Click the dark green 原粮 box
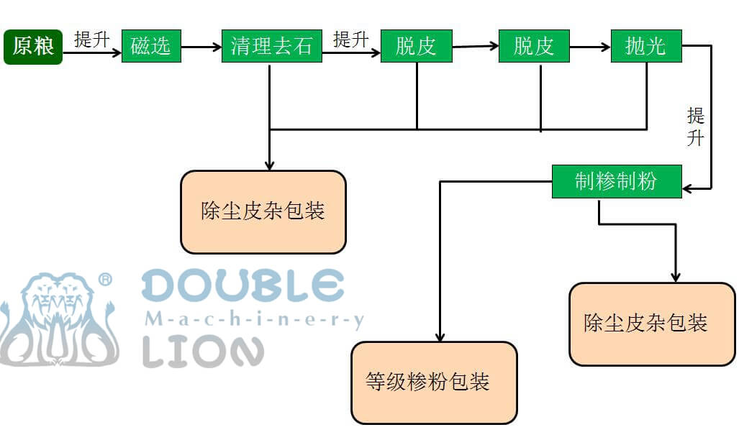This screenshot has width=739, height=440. tap(33, 47)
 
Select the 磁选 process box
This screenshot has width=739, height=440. tap(151, 47)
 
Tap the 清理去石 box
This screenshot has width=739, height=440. tap(271, 47)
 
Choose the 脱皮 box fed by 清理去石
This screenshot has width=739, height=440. tap(416, 47)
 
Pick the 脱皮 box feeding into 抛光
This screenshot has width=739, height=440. tap(534, 47)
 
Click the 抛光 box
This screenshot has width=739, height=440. tap(645, 47)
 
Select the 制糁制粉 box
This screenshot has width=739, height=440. tap(616, 181)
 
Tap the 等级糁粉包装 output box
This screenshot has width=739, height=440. tap(434, 382)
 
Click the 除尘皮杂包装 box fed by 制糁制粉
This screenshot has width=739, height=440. tap(652, 324)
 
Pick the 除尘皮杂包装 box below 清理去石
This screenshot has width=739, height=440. tap(263, 211)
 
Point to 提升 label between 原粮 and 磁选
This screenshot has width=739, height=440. tap(92, 39)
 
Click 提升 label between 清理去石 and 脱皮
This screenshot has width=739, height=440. tap(351, 39)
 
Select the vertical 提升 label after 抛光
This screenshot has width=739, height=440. tap(695, 126)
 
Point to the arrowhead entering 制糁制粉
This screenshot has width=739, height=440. tap(688, 188)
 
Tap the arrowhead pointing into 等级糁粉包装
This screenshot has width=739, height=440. tap(440, 336)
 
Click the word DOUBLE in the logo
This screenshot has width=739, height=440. tap(242, 285)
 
